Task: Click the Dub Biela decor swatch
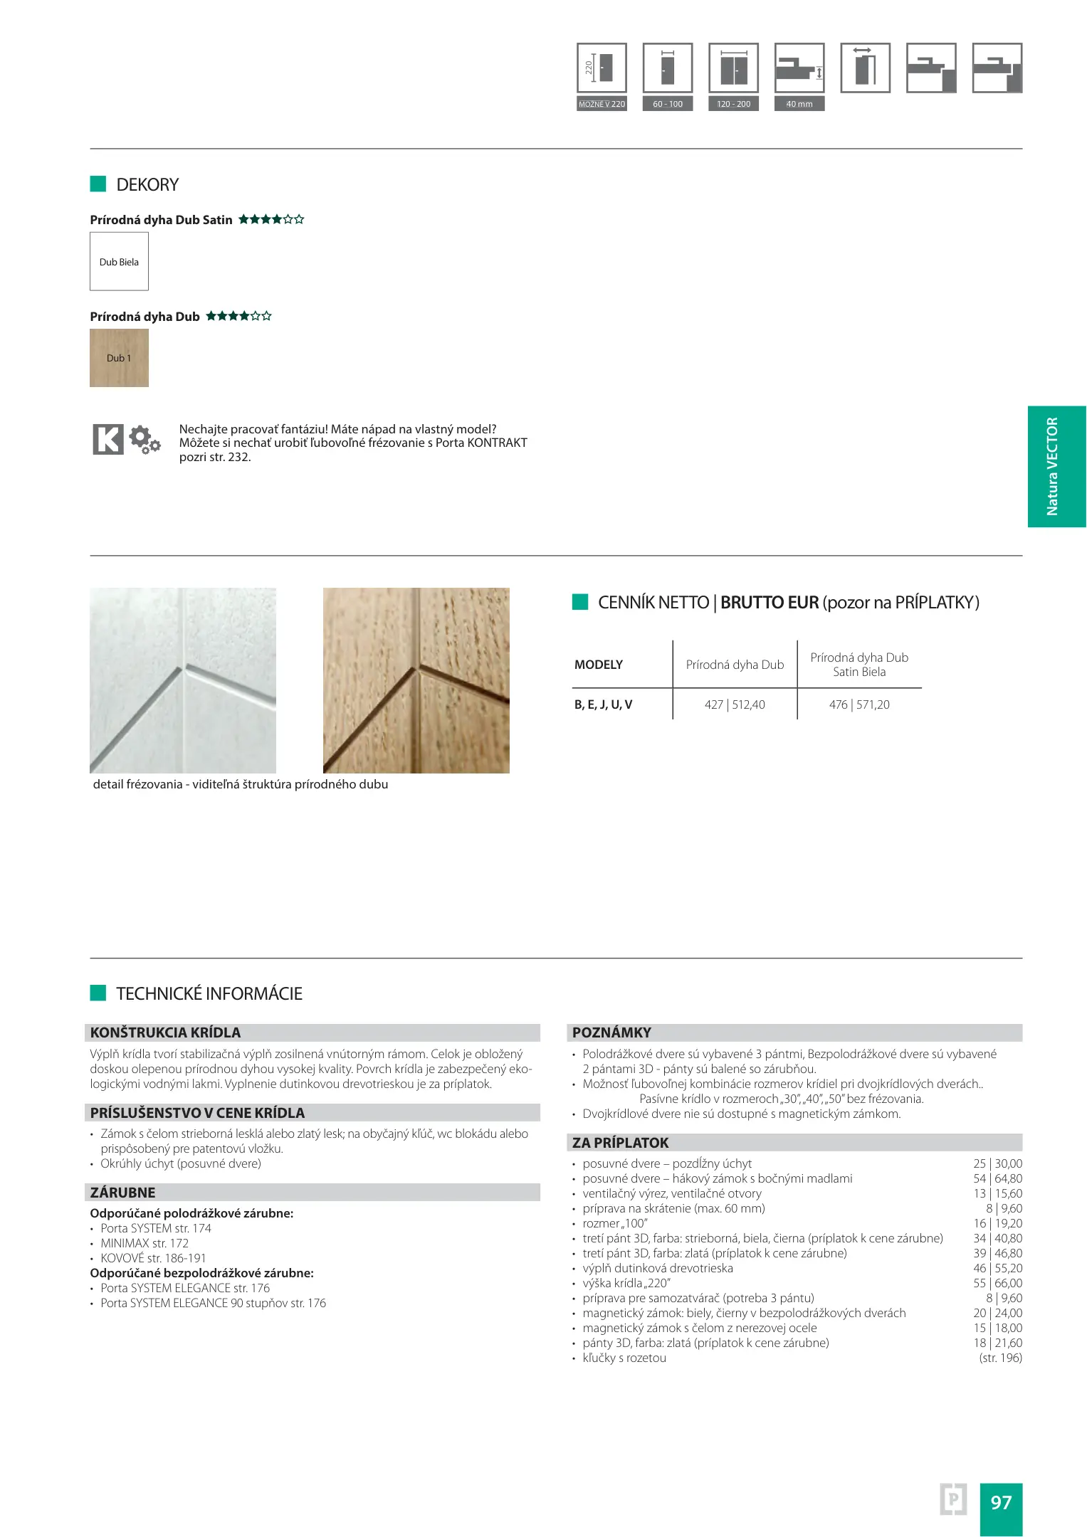click(119, 261)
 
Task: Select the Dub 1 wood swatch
click(119, 358)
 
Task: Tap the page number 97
click(1001, 1502)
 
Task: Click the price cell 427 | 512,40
click(735, 704)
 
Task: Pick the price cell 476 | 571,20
click(859, 704)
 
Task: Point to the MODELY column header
click(599, 665)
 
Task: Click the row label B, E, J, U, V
click(604, 704)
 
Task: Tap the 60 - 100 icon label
click(668, 104)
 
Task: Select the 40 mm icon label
click(799, 104)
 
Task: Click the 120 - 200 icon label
click(733, 104)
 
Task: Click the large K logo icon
click(108, 439)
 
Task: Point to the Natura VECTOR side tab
click(1056, 466)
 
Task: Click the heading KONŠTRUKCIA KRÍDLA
click(165, 1032)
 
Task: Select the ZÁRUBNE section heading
click(122, 1193)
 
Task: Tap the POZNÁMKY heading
click(611, 1032)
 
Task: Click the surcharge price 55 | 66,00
click(997, 1283)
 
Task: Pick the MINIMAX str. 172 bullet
click(145, 1243)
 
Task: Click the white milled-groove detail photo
click(183, 680)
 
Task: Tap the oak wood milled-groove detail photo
click(416, 680)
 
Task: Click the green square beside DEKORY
click(98, 184)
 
